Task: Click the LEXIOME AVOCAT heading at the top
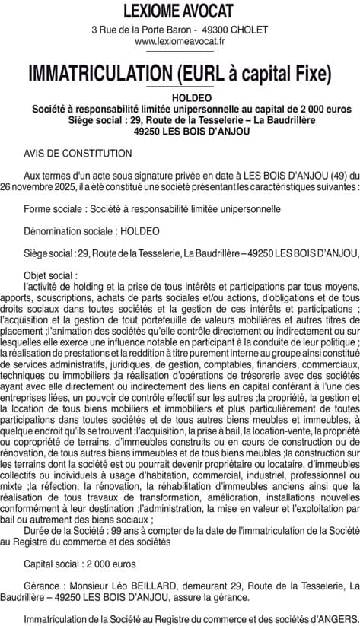(x=180, y=11)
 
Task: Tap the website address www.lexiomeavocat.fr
(x=180, y=42)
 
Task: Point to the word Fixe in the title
(x=311, y=73)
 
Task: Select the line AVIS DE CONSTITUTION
(x=78, y=152)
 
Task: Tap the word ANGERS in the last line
(x=336, y=619)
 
